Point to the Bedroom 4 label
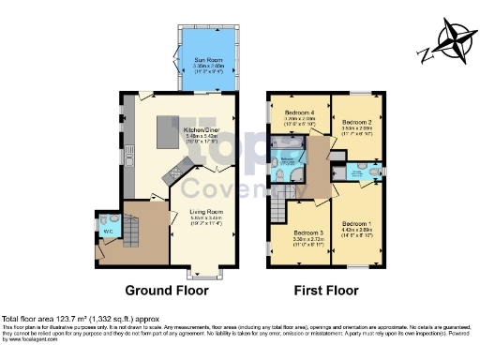pos(297,113)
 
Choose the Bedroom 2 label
pos(355,123)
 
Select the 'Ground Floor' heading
pos(167,291)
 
